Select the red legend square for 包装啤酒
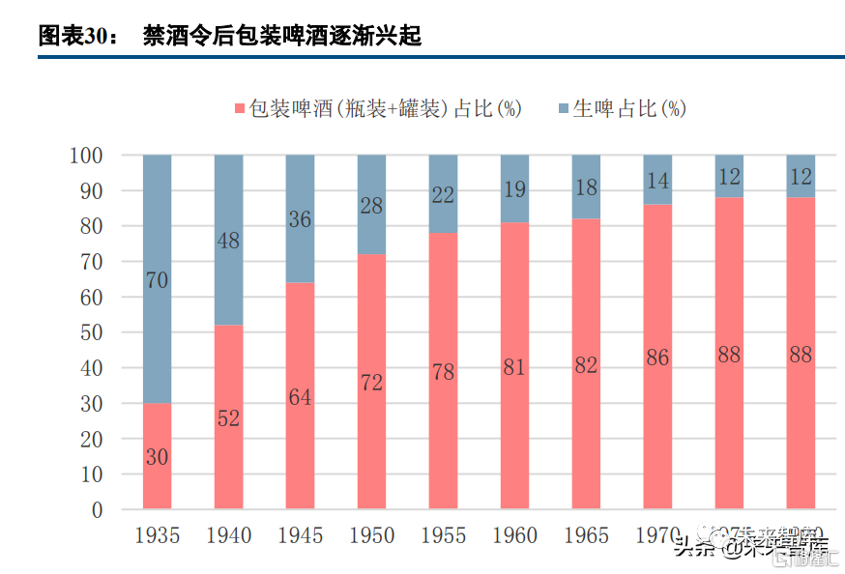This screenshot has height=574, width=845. (x=241, y=108)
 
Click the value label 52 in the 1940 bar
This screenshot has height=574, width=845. (x=229, y=419)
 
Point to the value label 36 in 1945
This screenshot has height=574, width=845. (x=300, y=219)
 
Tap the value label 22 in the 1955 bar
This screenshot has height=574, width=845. (x=443, y=194)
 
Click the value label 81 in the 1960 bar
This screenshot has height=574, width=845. (x=514, y=367)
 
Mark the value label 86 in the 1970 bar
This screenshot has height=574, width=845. (x=657, y=359)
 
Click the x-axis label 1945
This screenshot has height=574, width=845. (x=300, y=535)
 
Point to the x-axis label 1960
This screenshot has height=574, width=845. (x=514, y=535)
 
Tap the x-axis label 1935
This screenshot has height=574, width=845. (x=157, y=535)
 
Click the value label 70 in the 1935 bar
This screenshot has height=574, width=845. (x=158, y=281)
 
